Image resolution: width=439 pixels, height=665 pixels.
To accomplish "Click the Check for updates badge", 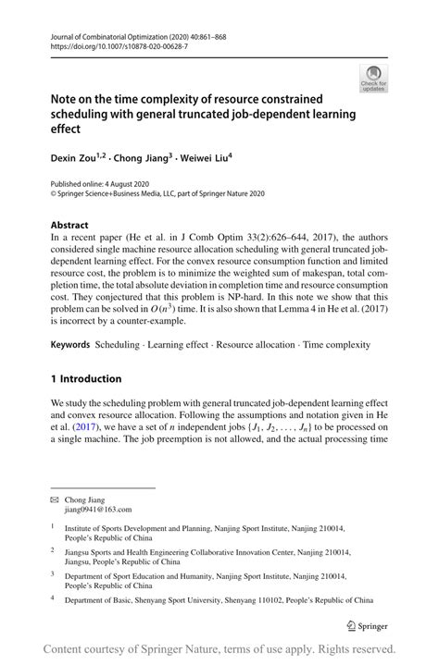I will (374, 79).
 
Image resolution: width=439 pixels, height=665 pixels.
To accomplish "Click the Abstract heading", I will (70, 225).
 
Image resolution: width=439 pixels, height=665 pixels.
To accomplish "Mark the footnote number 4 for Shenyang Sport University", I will (53, 597).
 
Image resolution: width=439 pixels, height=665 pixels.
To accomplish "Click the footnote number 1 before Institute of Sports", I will (53, 529).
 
